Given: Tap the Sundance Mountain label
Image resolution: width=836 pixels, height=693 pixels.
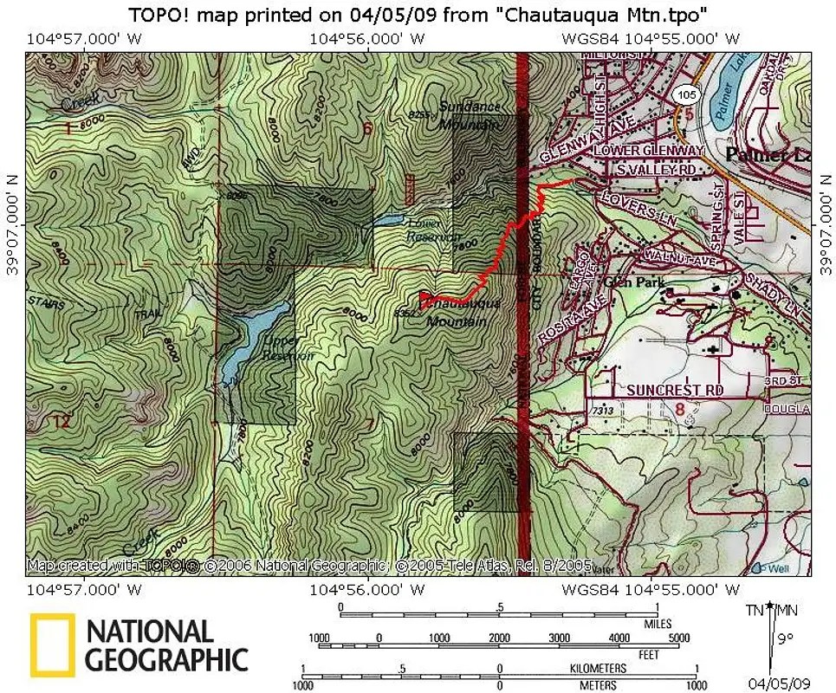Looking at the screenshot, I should (x=470, y=115).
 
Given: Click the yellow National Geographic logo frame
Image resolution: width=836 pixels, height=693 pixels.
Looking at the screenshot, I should (x=52, y=645).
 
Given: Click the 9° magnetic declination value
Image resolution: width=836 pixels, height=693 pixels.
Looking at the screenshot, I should (x=785, y=642).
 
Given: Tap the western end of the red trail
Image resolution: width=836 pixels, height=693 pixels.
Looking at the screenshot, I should (x=421, y=299).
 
